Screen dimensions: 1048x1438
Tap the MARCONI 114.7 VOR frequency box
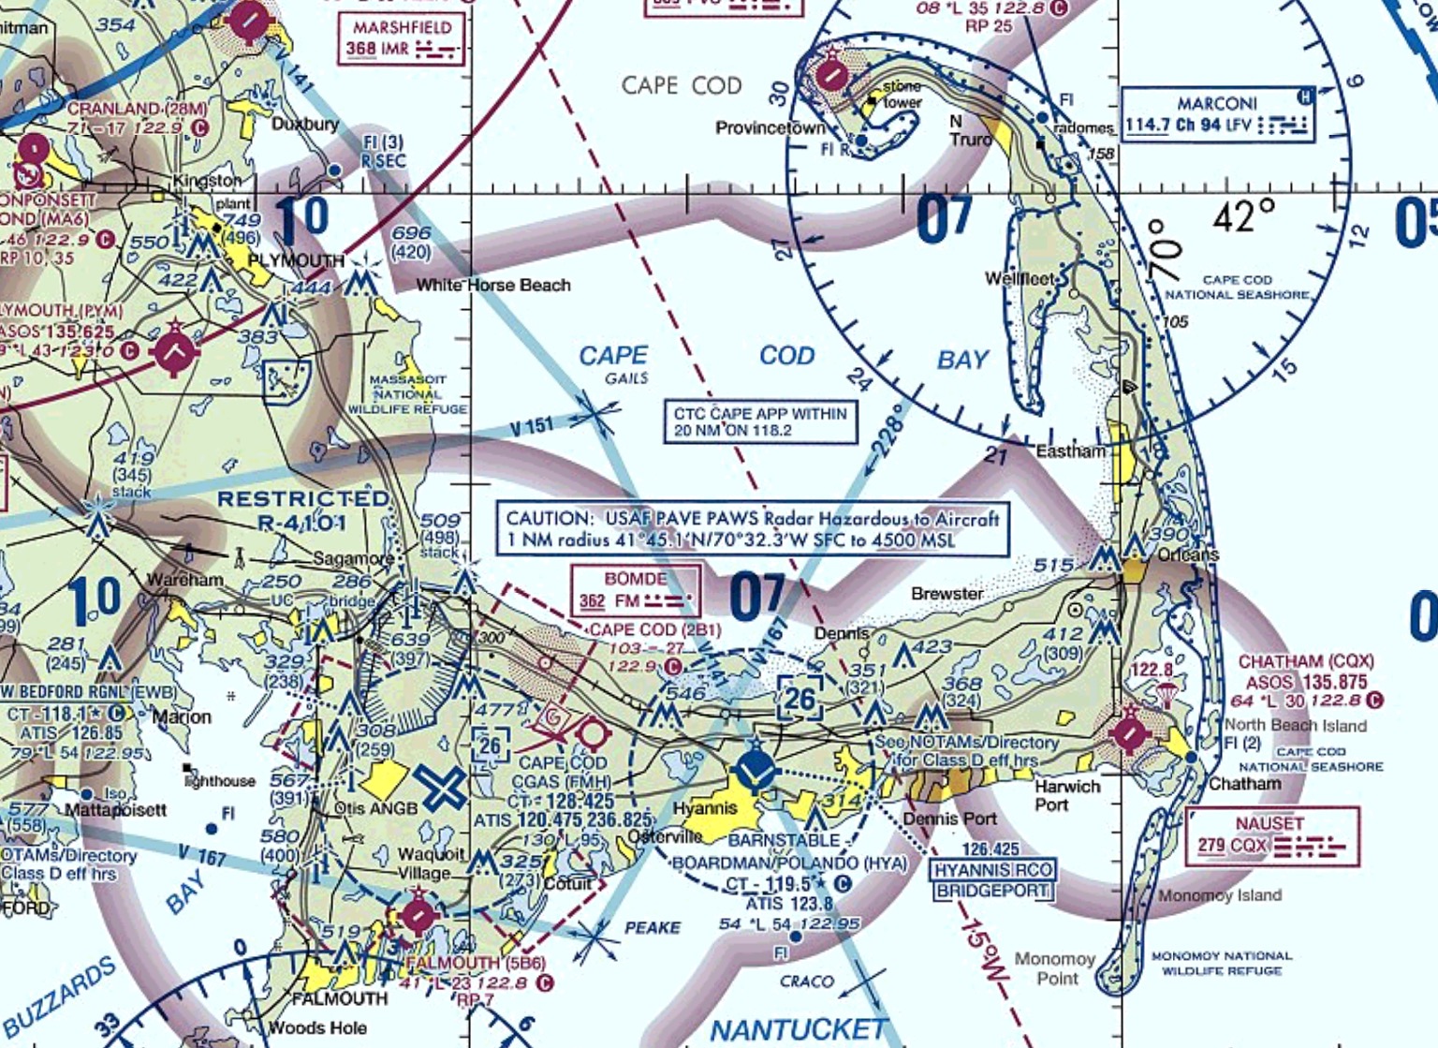click(x=1217, y=115)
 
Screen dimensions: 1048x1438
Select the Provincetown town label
click(x=770, y=128)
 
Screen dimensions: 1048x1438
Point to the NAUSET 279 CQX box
click(x=1271, y=836)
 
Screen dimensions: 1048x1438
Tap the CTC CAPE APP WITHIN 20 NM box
click(x=759, y=422)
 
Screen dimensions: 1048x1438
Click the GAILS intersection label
click(x=626, y=378)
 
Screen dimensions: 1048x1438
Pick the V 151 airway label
click(x=532, y=428)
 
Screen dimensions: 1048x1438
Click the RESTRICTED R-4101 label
click(x=303, y=510)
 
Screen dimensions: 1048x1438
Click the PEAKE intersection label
click(x=653, y=927)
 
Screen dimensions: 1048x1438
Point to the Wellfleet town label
click(x=1020, y=279)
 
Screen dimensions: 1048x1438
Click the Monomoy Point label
click(x=1055, y=968)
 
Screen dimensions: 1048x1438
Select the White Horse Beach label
click(x=493, y=285)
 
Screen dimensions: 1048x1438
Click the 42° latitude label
click(x=1243, y=217)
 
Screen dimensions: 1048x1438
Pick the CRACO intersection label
click(x=806, y=981)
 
